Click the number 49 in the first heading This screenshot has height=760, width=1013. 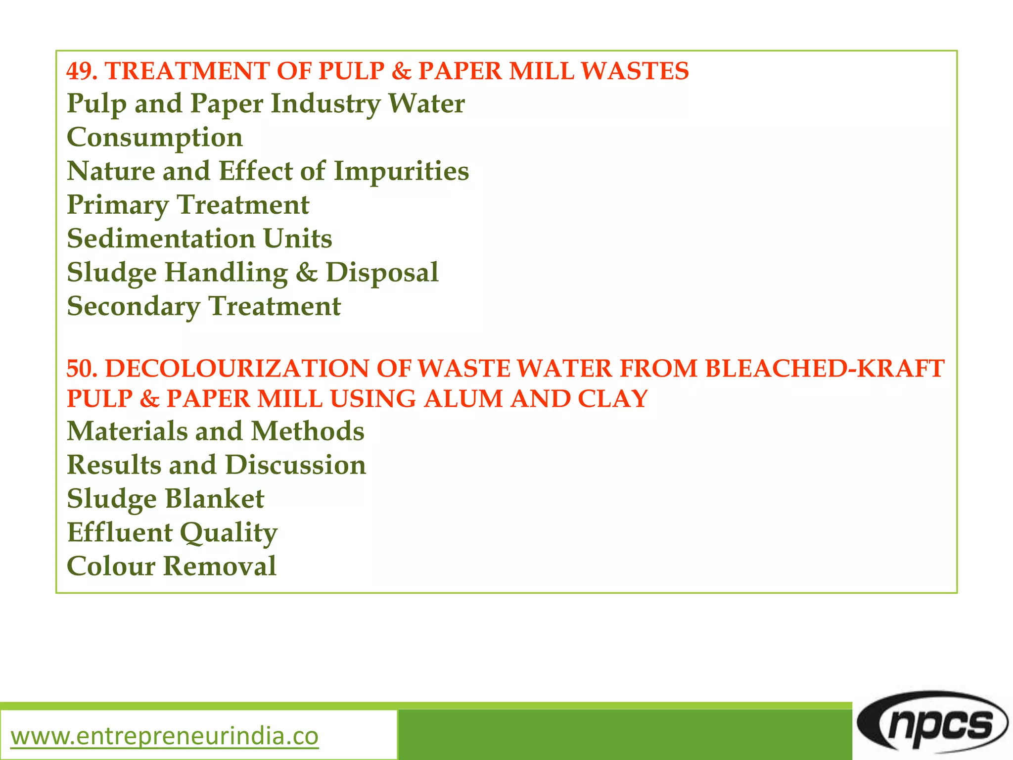click(x=79, y=71)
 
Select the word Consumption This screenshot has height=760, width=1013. click(x=155, y=138)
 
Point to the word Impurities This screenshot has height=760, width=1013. click(x=401, y=171)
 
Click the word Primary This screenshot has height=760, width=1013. click(x=118, y=205)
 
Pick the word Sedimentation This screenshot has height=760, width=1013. click(x=161, y=238)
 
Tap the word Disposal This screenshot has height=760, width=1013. click(x=382, y=272)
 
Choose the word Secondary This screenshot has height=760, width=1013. click(x=134, y=306)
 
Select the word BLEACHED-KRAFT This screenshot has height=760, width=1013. click(x=825, y=369)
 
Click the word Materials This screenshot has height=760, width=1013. click(x=127, y=431)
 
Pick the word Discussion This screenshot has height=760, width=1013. click(x=295, y=465)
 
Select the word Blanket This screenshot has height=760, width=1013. click(x=214, y=499)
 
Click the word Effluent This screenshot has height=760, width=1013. click(x=120, y=532)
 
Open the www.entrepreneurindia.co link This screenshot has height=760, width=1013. click(x=165, y=736)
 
